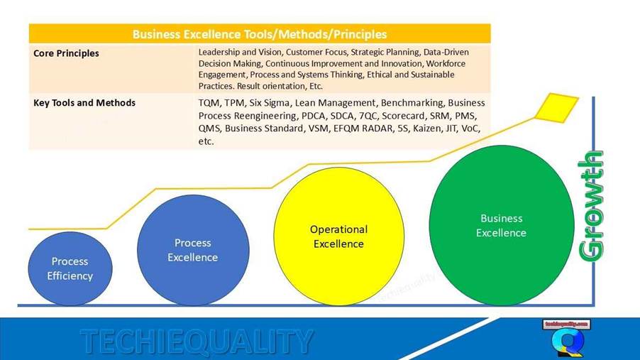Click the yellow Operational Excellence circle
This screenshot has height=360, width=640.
coord(338,236)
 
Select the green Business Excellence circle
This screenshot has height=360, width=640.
coord(501,225)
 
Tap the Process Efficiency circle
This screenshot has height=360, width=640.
coord(70,268)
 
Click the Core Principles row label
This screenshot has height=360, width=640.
coord(66,53)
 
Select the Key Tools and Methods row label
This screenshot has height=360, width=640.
coord(84,103)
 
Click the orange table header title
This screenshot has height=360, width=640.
coord(259,33)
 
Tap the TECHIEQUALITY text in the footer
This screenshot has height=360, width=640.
coord(197,342)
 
